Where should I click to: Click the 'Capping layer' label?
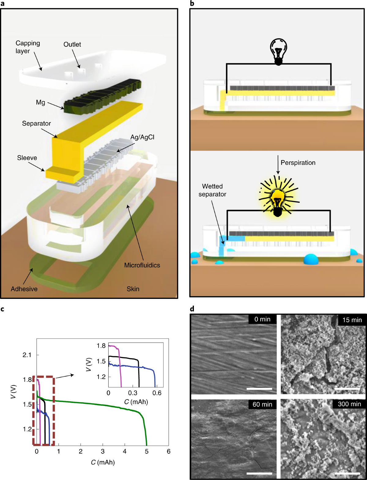[28, 47]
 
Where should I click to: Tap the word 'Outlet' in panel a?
[72, 44]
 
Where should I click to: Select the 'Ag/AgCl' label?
[142, 137]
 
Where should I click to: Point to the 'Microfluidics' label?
[142, 265]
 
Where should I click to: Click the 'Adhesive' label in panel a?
[24, 289]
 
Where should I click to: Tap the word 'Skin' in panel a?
[133, 289]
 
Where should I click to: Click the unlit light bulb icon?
[278, 51]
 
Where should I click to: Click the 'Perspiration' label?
[298, 163]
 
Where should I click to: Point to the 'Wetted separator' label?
[212, 190]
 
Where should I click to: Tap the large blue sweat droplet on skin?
[311, 259]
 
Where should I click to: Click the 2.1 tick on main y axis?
[27, 355]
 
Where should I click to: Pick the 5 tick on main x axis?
[146, 452]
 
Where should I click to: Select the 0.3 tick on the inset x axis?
[132, 393]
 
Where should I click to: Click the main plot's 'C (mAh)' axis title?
[103, 462]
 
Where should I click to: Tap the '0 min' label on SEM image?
[262, 319]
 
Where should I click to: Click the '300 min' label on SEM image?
[349, 404]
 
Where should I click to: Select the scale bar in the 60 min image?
[259, 473]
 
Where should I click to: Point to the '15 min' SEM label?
[352, 320]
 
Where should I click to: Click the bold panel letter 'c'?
[2, 309]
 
